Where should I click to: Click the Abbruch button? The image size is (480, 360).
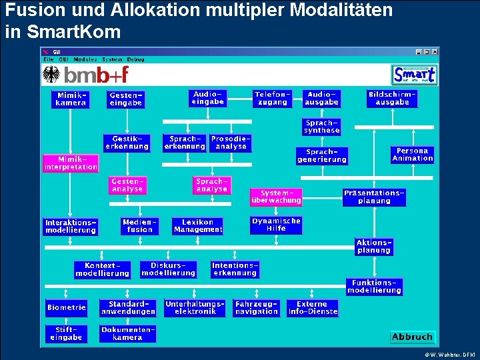click(412, 337)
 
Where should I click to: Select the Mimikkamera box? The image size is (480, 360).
click(71, 99)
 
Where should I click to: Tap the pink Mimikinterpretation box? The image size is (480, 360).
click(71, 163)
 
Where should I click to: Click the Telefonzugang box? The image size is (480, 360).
click(273, 99)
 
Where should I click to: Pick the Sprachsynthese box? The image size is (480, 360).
click(322, 127)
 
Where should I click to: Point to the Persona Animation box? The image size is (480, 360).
click(413, 155)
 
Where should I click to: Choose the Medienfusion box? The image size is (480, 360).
click(140, 226)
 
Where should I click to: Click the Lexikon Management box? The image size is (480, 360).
click(198, 226)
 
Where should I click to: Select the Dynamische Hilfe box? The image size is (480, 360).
click(276, 225)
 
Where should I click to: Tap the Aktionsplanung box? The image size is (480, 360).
click(373, 247)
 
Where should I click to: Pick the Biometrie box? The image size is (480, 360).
click(67, 308)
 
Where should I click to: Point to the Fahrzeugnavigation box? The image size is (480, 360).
click(257, 308)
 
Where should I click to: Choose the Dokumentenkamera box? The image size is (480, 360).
click(127, 333)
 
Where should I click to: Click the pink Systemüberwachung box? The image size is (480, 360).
click(276, 197)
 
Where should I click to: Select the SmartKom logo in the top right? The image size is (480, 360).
click(414, 75)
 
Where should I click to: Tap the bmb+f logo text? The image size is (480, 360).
click(96, 75)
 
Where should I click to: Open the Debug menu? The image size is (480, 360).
click(135, 59)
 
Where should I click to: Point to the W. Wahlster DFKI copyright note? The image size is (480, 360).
click(449, 354)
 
